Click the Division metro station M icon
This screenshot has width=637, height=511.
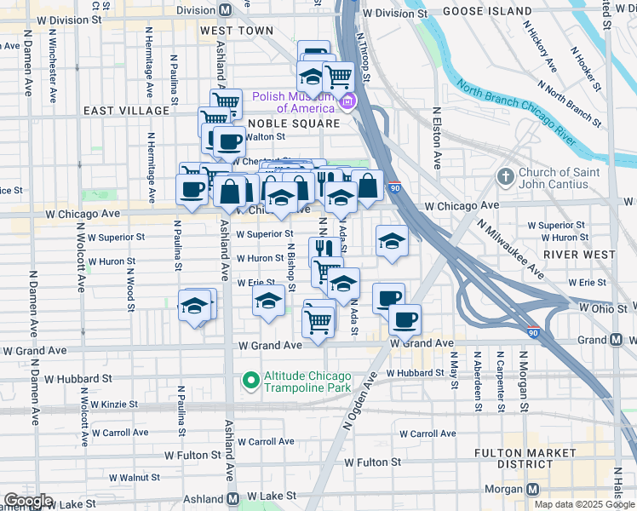click(226, 10)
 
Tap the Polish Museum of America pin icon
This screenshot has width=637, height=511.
click(347, 104)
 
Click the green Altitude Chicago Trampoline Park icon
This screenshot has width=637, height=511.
click(250, 380)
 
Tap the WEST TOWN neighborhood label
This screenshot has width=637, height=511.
click(237, 31)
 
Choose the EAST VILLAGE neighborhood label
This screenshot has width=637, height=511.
click(126, 111)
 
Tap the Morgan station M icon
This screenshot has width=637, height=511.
click(533, 490)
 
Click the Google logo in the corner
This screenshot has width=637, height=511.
click(28, 501)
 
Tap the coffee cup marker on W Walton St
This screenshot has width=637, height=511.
click(227, 141)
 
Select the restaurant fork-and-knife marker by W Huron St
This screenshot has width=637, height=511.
click(321, 248)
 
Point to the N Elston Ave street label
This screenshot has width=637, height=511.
click(437, 137)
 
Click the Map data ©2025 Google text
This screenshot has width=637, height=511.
click(584, 505)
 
